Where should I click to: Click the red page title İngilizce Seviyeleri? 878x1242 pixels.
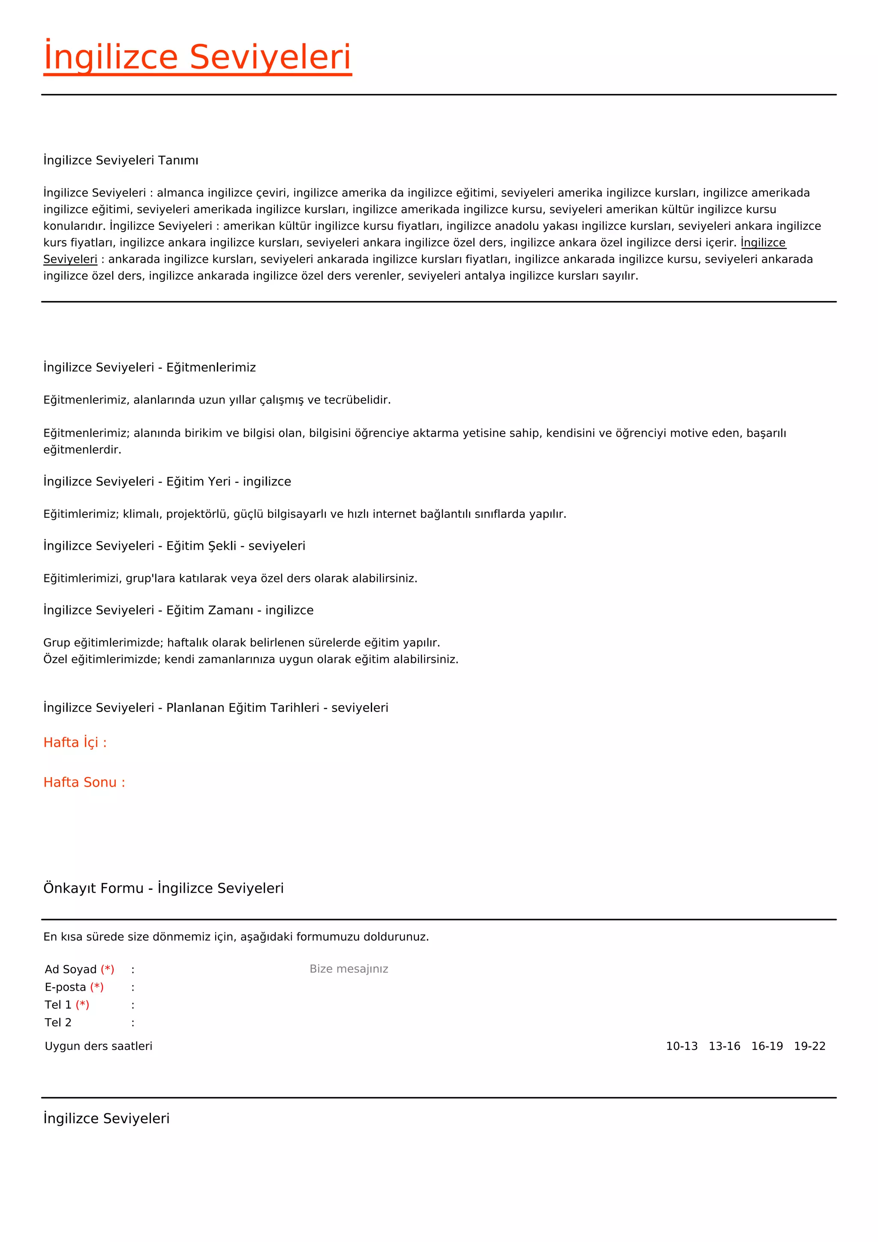pos(197,57)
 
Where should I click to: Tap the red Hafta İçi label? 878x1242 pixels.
pos(75,742)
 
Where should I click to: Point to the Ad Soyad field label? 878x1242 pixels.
pos(71,969)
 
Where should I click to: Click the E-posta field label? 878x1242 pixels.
pos(66,987)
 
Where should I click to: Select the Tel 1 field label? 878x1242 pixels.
pos(58,1005)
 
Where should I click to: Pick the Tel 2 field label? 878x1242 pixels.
pos(58,1022)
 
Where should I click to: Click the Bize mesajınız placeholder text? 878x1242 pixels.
pos(349,969)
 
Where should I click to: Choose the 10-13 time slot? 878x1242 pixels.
pos(682,1046)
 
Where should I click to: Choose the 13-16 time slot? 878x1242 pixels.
pos(725,1046)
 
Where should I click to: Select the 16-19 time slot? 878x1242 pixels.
pos(767,1046)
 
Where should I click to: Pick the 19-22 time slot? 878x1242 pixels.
pos(809,1046)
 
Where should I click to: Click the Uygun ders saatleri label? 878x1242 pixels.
pos(99,1046)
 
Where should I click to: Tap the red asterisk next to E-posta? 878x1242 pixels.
pos(97,987)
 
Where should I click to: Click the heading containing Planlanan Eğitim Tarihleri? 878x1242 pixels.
pos(216,708)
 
